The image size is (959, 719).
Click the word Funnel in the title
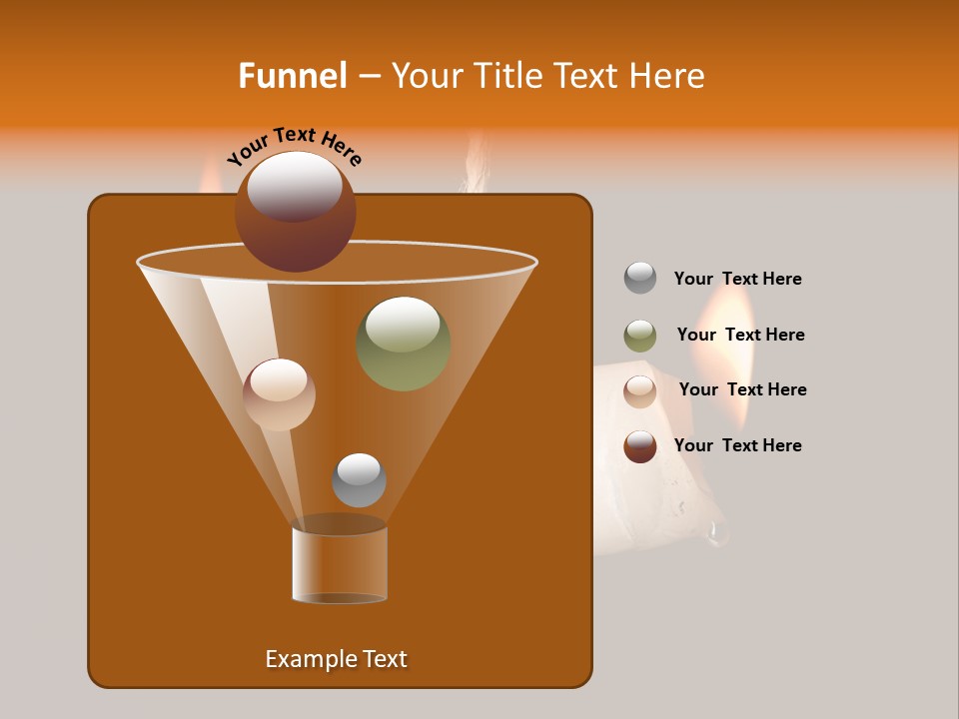(292, 76)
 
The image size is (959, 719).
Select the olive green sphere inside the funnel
(403, 345)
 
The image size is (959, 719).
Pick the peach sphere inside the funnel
(279, 395)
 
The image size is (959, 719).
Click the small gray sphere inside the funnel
(359, 480)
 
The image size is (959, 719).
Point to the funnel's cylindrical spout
(340, 564)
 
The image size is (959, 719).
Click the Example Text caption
(336, 659)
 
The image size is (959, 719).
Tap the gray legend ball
(640, 279)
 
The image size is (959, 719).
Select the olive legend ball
(640, 336)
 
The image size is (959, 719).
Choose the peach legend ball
(640, 391)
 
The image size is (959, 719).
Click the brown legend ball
(640, 446)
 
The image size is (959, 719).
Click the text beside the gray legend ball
(737, 279)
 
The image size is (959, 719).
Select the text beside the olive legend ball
(740, 335)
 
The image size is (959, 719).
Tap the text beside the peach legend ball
(742, 389)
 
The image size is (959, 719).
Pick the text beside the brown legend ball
(737, 445)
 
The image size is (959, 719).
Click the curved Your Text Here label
(294, 145)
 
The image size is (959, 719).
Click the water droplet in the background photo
(717, 535)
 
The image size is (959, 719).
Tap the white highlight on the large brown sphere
(294, 185)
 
